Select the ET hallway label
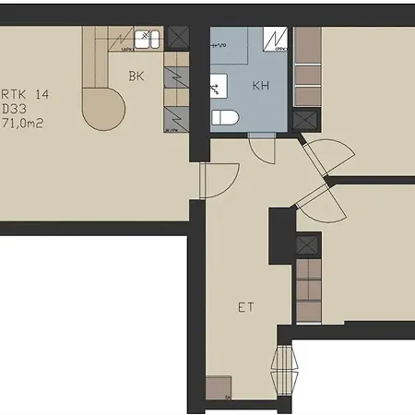245,307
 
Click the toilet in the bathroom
225,116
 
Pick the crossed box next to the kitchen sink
179,38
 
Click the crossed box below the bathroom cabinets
304,121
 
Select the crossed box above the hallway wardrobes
306,246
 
